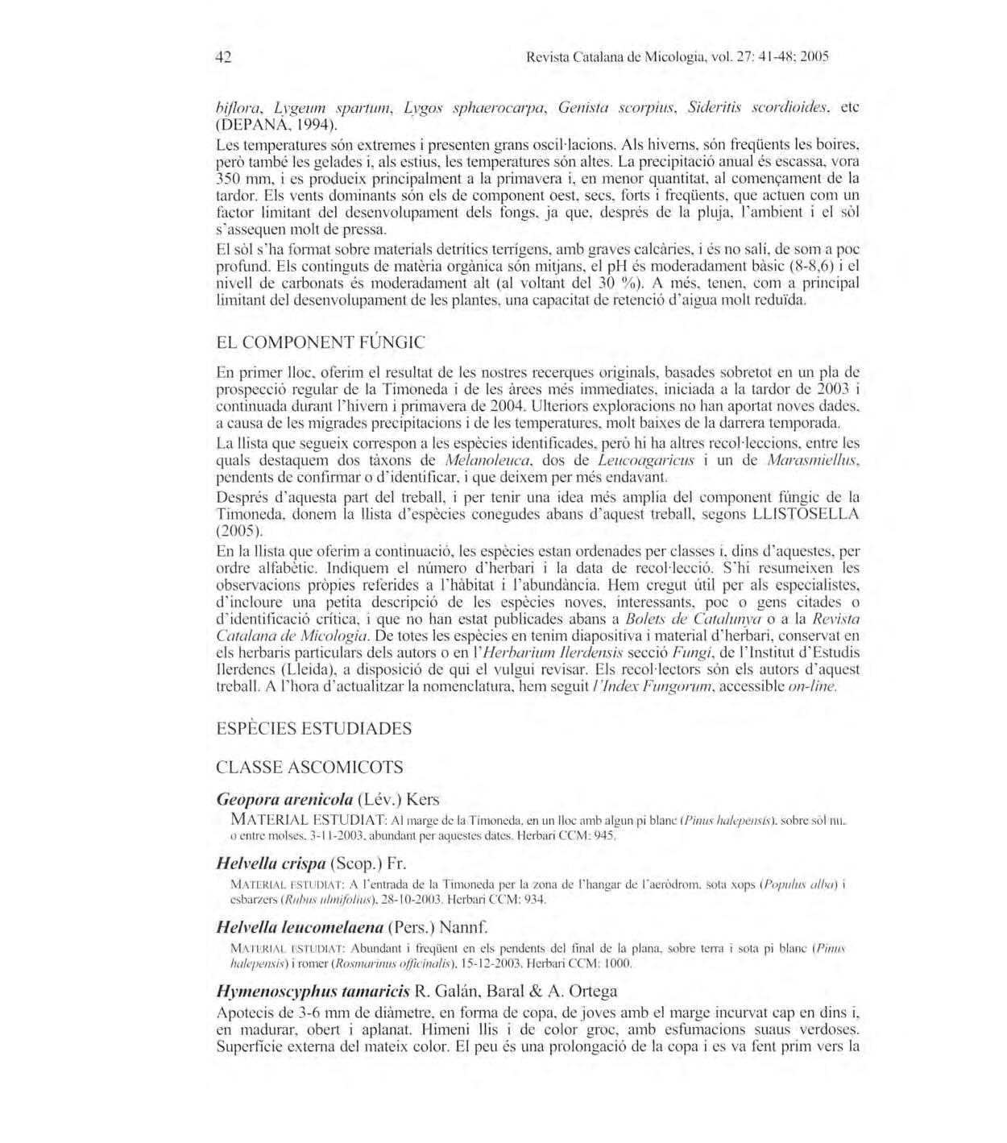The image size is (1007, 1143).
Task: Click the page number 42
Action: point(224,58)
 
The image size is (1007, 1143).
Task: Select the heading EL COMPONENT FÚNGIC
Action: point(321,342)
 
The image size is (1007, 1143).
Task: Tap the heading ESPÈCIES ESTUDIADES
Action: point(313,728)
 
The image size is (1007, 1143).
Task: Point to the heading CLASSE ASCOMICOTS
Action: point(309,767)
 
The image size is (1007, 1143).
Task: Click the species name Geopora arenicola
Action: point(285,800)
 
